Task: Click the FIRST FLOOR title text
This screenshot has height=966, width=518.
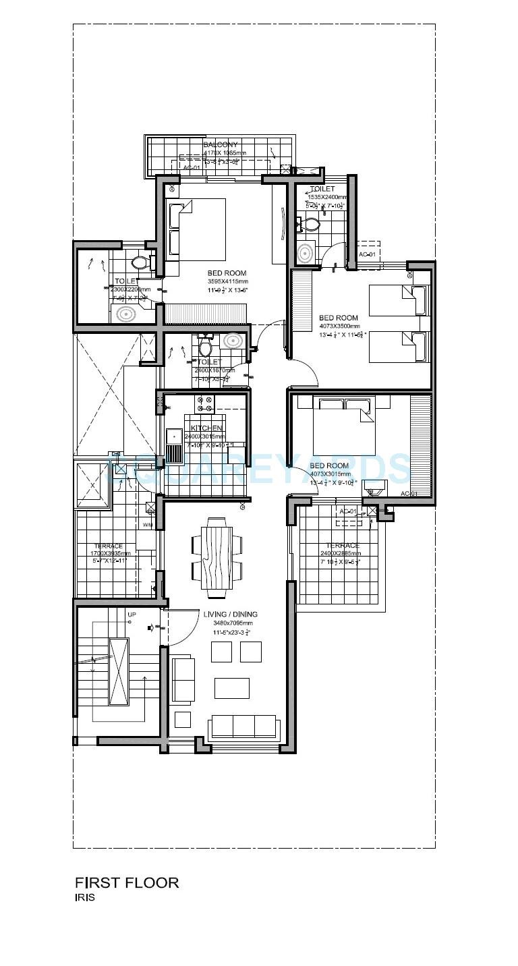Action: point(127,882)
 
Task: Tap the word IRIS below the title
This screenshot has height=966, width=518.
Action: point(85,898)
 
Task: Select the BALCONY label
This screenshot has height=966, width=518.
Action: point(221,144)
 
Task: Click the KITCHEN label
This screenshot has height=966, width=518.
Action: point(206,428)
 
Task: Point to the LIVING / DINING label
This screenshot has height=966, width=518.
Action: point(230,615)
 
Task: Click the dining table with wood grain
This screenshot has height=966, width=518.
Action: point(217,557)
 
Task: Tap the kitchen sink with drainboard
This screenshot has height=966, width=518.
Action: point(175,445)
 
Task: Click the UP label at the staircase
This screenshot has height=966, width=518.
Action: point(132,615)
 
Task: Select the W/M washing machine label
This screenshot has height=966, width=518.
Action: point(148,525)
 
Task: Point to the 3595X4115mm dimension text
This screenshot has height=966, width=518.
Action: point(227,281)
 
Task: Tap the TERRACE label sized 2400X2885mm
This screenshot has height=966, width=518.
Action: point(342,546)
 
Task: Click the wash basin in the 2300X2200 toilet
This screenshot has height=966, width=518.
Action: point(126,313)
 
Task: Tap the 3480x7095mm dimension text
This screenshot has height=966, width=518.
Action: point(230,624)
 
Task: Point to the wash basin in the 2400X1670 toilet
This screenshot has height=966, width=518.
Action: point(233,341)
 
